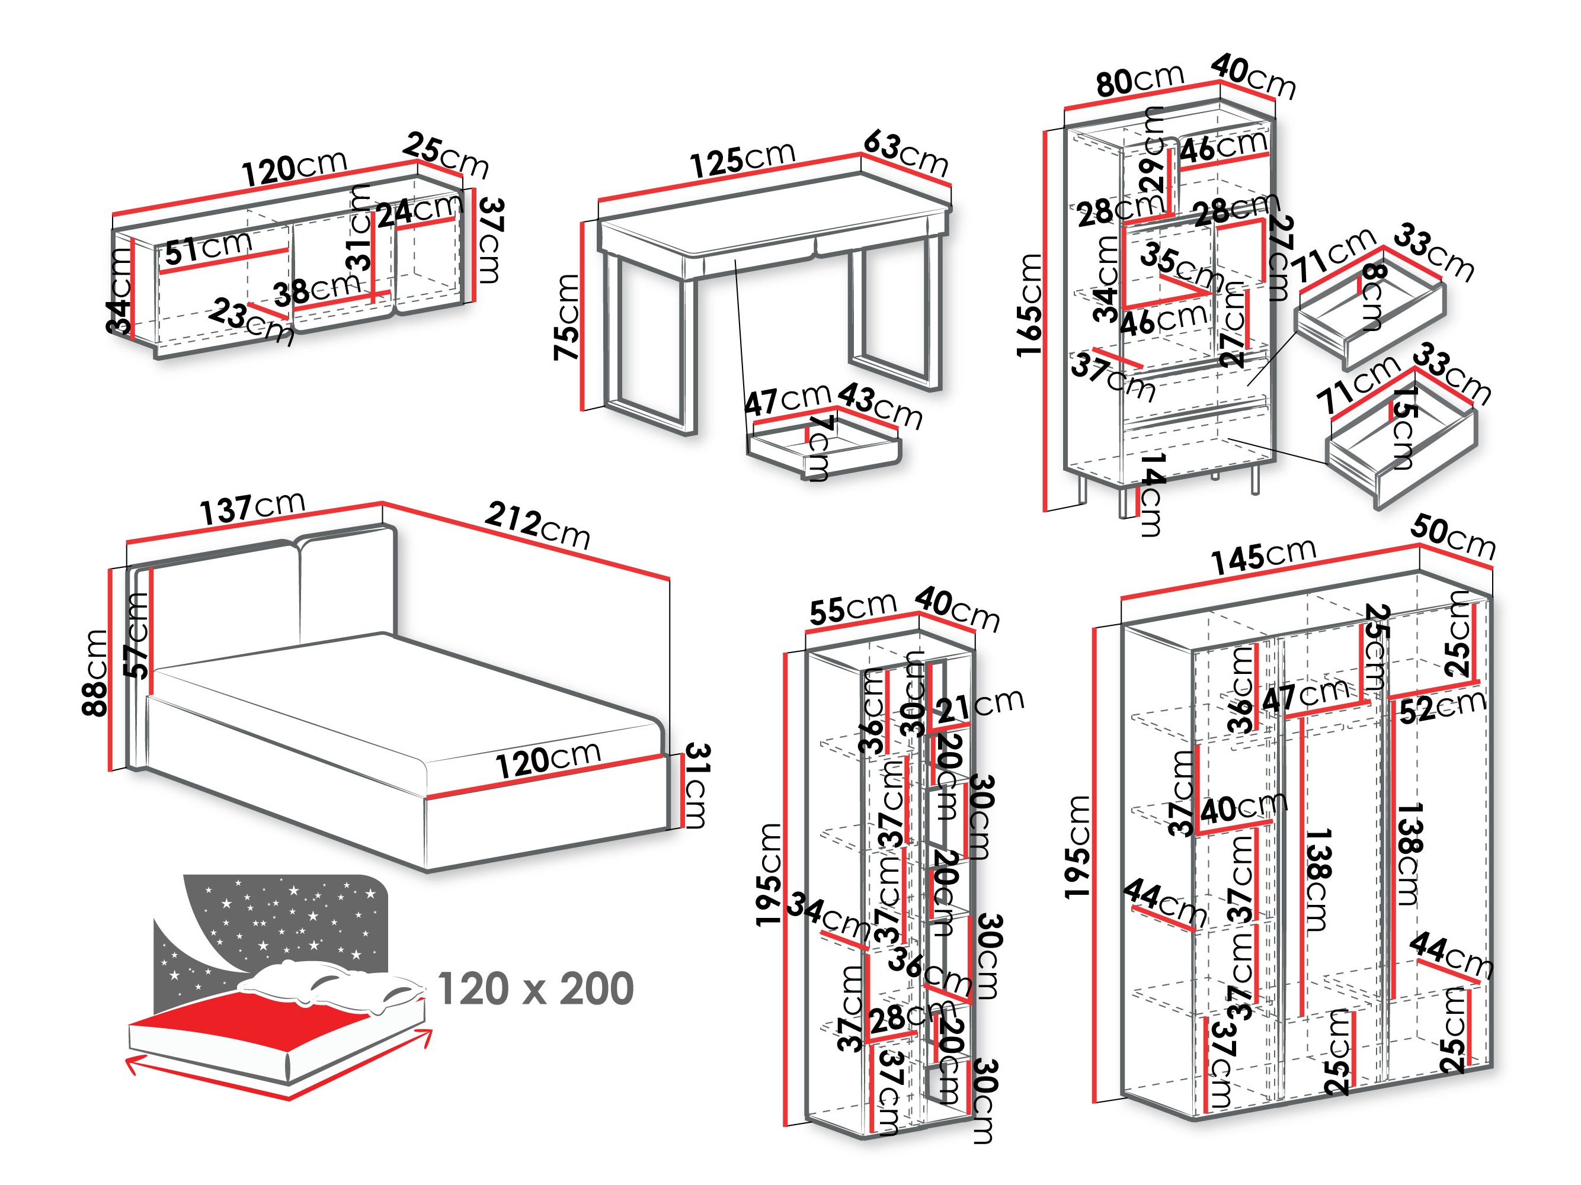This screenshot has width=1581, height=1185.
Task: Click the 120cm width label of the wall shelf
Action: pos(295,169)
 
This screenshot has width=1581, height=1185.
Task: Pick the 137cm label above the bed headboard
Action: pos(252,508)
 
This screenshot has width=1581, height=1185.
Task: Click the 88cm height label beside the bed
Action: pos(95,672)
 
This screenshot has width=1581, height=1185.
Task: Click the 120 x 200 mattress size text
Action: pos(535,988)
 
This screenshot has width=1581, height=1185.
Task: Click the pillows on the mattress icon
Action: pos(329,985)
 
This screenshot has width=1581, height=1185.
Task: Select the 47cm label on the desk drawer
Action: pos(787,399)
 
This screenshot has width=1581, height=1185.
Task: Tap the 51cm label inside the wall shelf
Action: pos(209,247)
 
